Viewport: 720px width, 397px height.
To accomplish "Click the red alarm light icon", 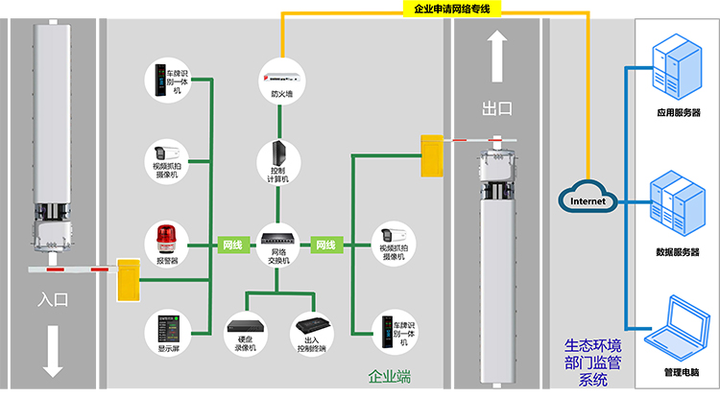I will (x=166, y=238).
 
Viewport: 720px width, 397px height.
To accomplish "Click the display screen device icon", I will (x=166, y=329).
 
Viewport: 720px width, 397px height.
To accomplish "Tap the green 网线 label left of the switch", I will (x=233, y=245).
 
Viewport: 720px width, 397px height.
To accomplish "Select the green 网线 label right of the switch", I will (x=325, y=245).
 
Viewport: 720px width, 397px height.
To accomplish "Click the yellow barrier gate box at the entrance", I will (x=127, y=278).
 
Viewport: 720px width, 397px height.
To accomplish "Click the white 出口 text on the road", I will (x=497, y=109).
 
